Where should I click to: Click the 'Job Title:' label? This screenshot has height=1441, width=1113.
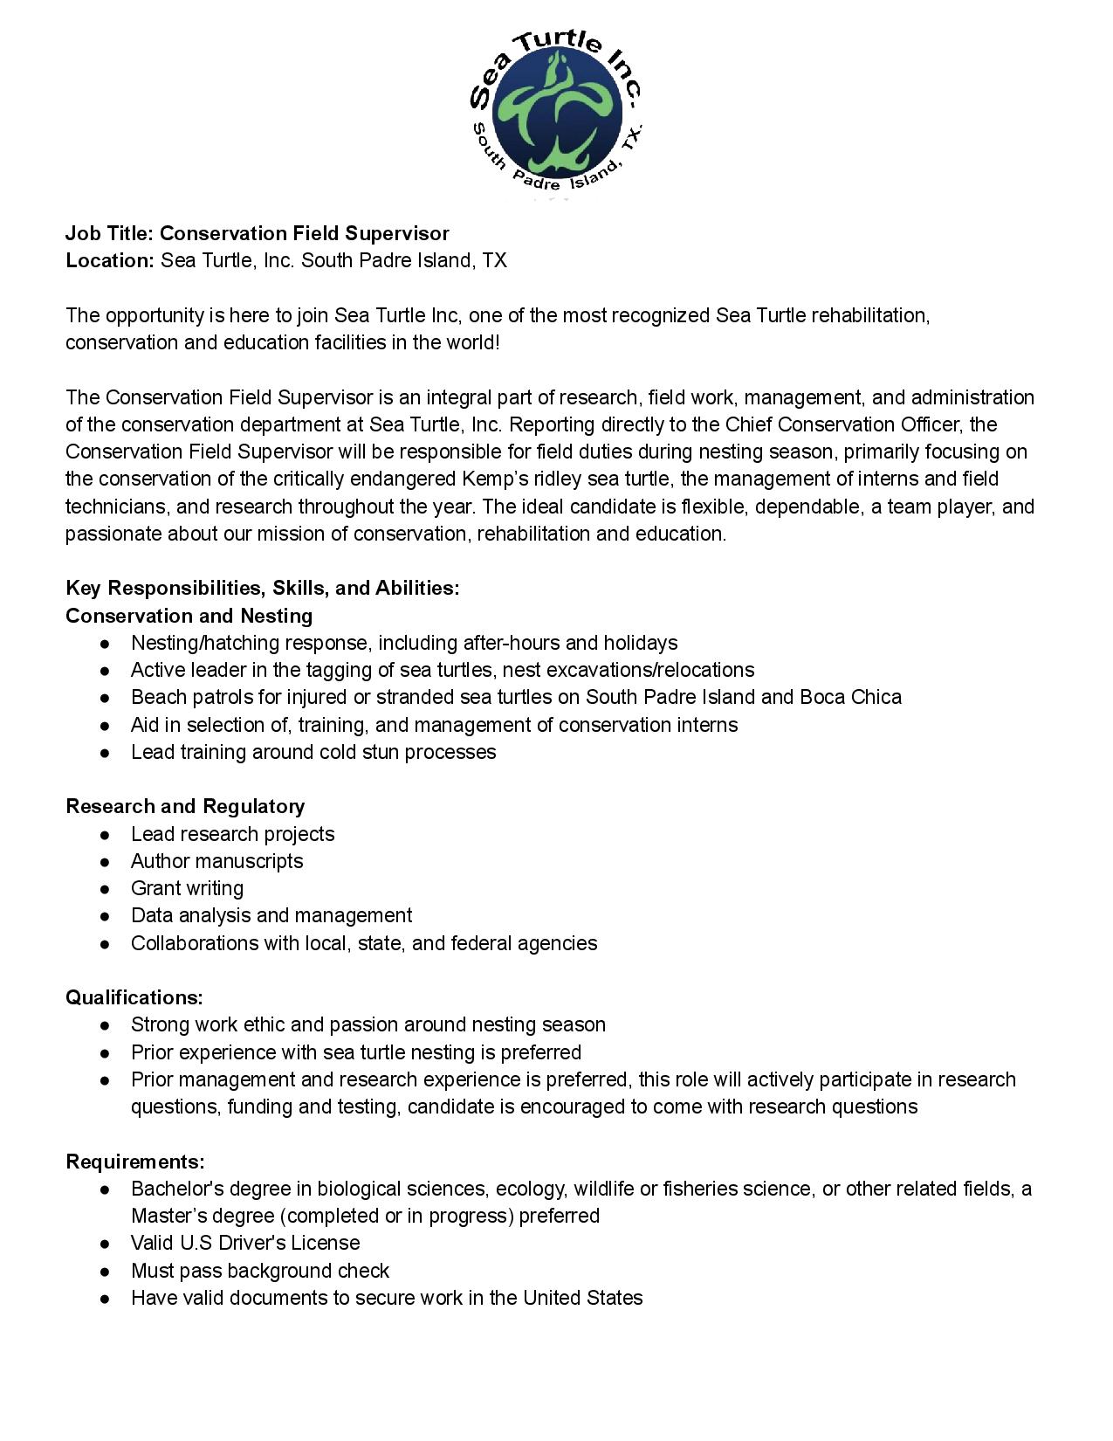[x=110, y=233]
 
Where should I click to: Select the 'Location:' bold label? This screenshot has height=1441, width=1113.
[x=110, y=260]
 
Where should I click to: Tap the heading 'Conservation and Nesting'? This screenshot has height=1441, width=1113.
[x=189, y=616]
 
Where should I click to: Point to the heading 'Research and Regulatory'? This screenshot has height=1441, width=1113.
[x=185, y=806]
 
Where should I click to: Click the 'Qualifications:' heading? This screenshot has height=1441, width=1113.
[x=134, y=997]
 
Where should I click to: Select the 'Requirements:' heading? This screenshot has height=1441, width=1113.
[x=135, y=1162]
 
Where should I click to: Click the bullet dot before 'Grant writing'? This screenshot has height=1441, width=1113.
[x=105, y=889]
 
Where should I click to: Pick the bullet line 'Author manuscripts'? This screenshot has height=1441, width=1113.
[x=216, y=861]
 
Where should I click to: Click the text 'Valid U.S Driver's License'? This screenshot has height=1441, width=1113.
[x=245, y=1243]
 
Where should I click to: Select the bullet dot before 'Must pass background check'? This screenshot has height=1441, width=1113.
[x=105, y=1272]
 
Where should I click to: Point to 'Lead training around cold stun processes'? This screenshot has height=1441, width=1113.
[x=313, y=752]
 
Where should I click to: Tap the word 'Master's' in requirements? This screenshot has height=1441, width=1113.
[x=167, y=1216]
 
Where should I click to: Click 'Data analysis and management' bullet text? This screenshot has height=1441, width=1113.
[x=271, y=915]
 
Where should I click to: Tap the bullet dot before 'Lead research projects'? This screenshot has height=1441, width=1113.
[x=105, y=835]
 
